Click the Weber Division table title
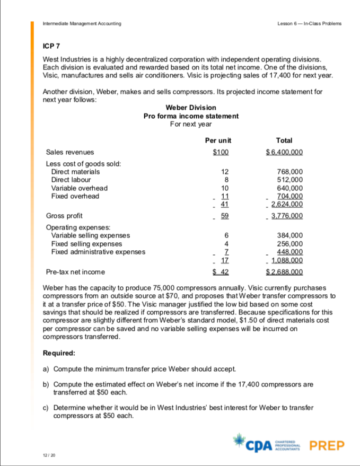[x=191, y=108]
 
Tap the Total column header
[x=284, y=140]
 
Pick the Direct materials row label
[x=75, y=172]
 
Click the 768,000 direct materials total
[x=290, y=172]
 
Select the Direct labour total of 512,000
[x=290, y=180]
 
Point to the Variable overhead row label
[x=79, y=188]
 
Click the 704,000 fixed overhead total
[x=290, y=196]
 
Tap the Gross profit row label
[x=64, y=216]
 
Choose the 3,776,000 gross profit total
[x=286, y=216]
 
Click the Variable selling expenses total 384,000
[x=290, y=235]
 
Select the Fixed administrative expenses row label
[x=98, y=251]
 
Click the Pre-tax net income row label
[x=75, y=272]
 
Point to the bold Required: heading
[x=59, y=352]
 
